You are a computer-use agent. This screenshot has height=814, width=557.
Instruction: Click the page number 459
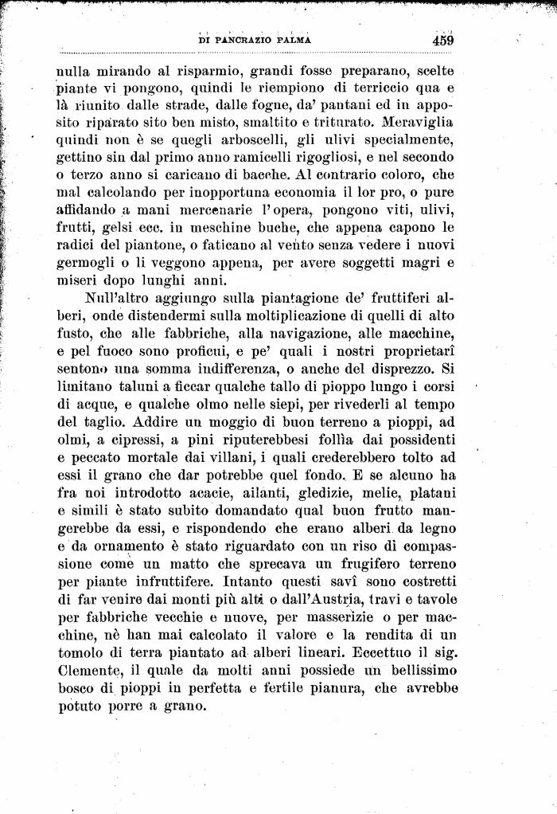click(x=443, y=39)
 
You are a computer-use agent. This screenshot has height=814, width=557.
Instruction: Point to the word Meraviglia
click(x=424, y=124)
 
